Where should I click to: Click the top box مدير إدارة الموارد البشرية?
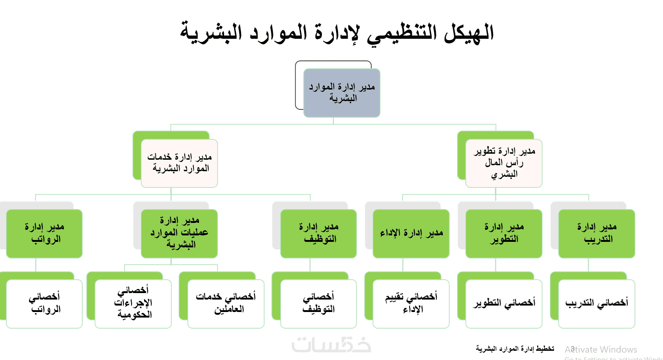point(342,93)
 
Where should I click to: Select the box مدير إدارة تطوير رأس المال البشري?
point(504,163)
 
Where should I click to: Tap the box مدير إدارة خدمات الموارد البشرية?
point(179,163)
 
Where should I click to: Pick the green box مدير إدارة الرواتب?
point(44,234)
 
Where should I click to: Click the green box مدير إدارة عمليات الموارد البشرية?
point(179,234)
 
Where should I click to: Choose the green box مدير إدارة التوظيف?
point(319,234)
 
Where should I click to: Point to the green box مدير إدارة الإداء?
point(411,234)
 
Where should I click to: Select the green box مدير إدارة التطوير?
point(504,234)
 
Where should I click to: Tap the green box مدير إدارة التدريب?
point(597,234)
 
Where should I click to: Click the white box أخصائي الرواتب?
point(44,304)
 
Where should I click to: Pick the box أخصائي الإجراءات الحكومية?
point(133,304)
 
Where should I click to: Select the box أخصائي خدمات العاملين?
point(226,304)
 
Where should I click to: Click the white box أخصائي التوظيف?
point(319,304)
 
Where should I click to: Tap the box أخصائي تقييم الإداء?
point(411,304)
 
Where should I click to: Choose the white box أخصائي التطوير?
point(504,304)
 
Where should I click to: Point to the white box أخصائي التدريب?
point(597,304)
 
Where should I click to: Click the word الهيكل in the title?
point(469,33)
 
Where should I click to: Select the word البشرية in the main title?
point(211,33)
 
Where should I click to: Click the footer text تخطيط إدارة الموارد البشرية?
point(515,349)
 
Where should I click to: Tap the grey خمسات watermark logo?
point(331,345)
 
